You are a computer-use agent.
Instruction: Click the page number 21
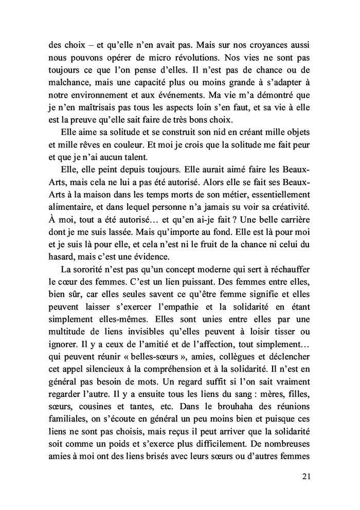pos(306,476)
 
